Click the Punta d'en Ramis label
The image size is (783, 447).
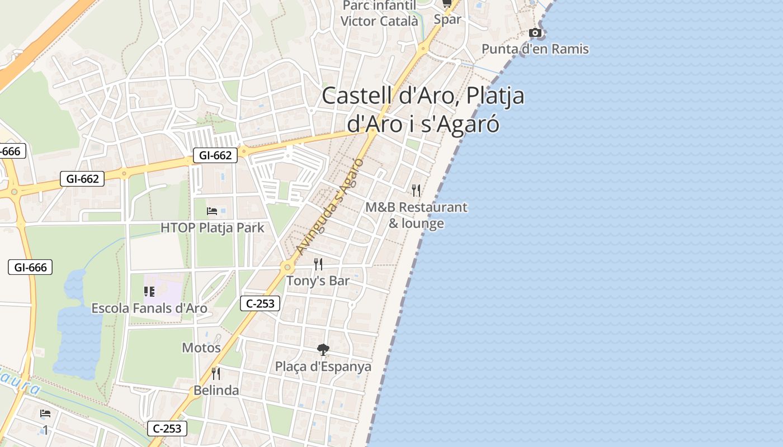coord(535,49)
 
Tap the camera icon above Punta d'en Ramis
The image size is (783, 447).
coord(535,33)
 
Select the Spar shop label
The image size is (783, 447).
coord(447,20)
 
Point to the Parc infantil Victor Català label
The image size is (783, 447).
coord(379,13)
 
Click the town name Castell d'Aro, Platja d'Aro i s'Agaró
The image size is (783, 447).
coord(423,110)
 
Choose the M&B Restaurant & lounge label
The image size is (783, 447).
coord(416,215)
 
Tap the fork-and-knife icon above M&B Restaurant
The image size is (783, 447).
coord(416,191)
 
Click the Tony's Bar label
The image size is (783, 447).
coord(318,280)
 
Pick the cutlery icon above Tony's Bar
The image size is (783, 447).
coord(318,264)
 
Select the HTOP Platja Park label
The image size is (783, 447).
coord(213,228)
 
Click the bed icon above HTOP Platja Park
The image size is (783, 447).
coord(212,211)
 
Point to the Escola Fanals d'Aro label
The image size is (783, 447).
coord(149,308)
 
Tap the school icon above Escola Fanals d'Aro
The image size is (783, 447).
coord(149,291)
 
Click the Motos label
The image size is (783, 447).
coord(201,348)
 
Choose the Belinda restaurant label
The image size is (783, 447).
coord(216,391)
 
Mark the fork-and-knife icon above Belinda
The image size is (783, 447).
coord(216,373)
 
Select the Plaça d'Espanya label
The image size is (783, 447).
coord(323,367)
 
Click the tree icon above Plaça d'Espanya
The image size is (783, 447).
coord(323,350)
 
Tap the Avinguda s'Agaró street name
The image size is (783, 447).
coord(330,207)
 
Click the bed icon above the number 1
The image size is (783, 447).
coord(45,413)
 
